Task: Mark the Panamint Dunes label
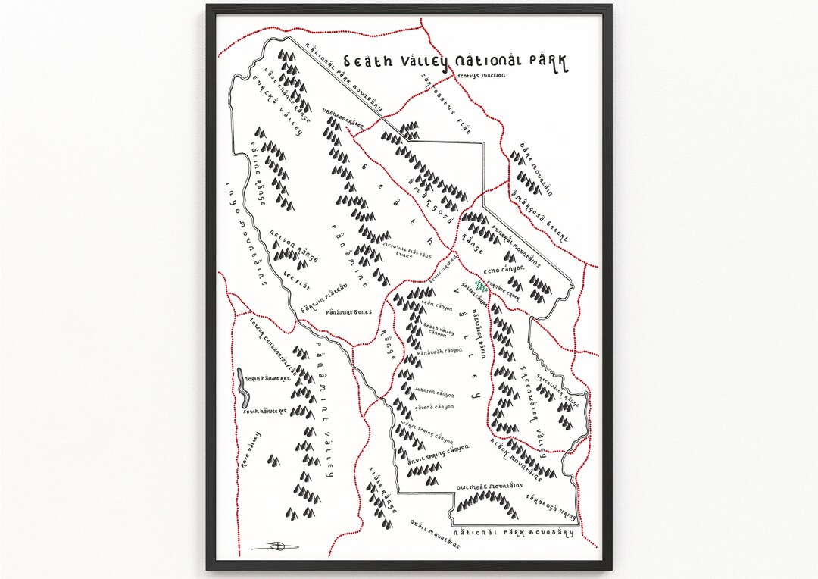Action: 349,311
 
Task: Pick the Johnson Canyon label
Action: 435,393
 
